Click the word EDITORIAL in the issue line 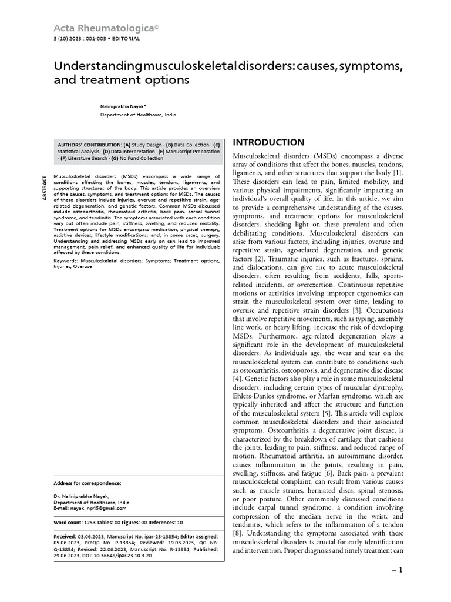[124, 39]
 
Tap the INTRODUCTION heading [268, 142]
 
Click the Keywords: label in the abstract [67, 260]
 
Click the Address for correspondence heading [87, 483]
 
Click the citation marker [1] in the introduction [398, 173]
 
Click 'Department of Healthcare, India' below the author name [138, 115]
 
